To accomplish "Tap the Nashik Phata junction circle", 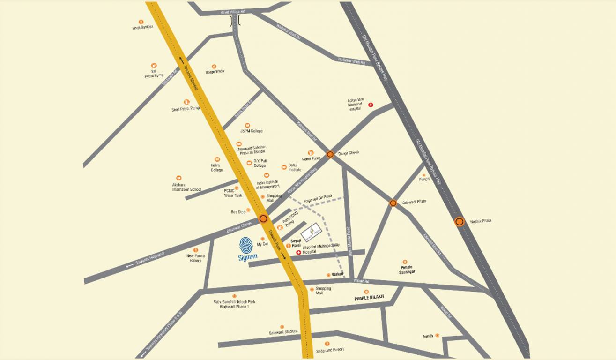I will point(460,222).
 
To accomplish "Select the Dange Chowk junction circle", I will point(330,154).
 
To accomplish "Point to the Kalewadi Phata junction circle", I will point(393,203).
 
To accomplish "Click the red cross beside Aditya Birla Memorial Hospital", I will point(371,105).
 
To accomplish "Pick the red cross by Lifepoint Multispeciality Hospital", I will point(298,252).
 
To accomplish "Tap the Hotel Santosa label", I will point(143,27).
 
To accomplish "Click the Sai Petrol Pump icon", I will point(154,66).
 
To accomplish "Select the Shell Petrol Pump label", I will point(186,109).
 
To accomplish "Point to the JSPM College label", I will point(252,131).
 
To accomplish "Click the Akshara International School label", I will point(186,187).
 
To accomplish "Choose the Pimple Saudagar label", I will point(405,270).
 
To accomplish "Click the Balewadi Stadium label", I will point(283,332).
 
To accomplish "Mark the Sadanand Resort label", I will point(330,350).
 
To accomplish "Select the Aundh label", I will point(428,336).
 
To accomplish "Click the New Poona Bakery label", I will point(194,258).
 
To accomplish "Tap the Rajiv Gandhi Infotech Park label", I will point(235,304).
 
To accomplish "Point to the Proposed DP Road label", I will point(317,199).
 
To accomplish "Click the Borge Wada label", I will point(215,72).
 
